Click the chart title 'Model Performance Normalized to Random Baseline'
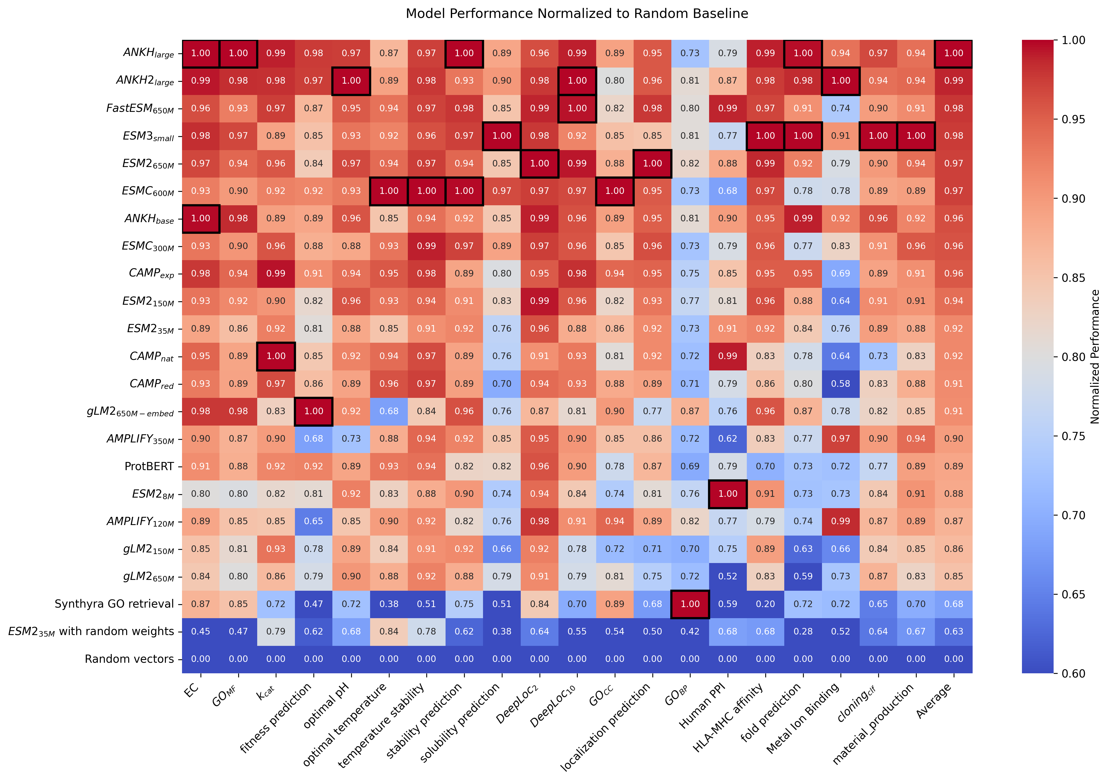[x=577, y=13]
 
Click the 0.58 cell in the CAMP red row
[x=841, y=384]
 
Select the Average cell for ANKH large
[x=954, y=53]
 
